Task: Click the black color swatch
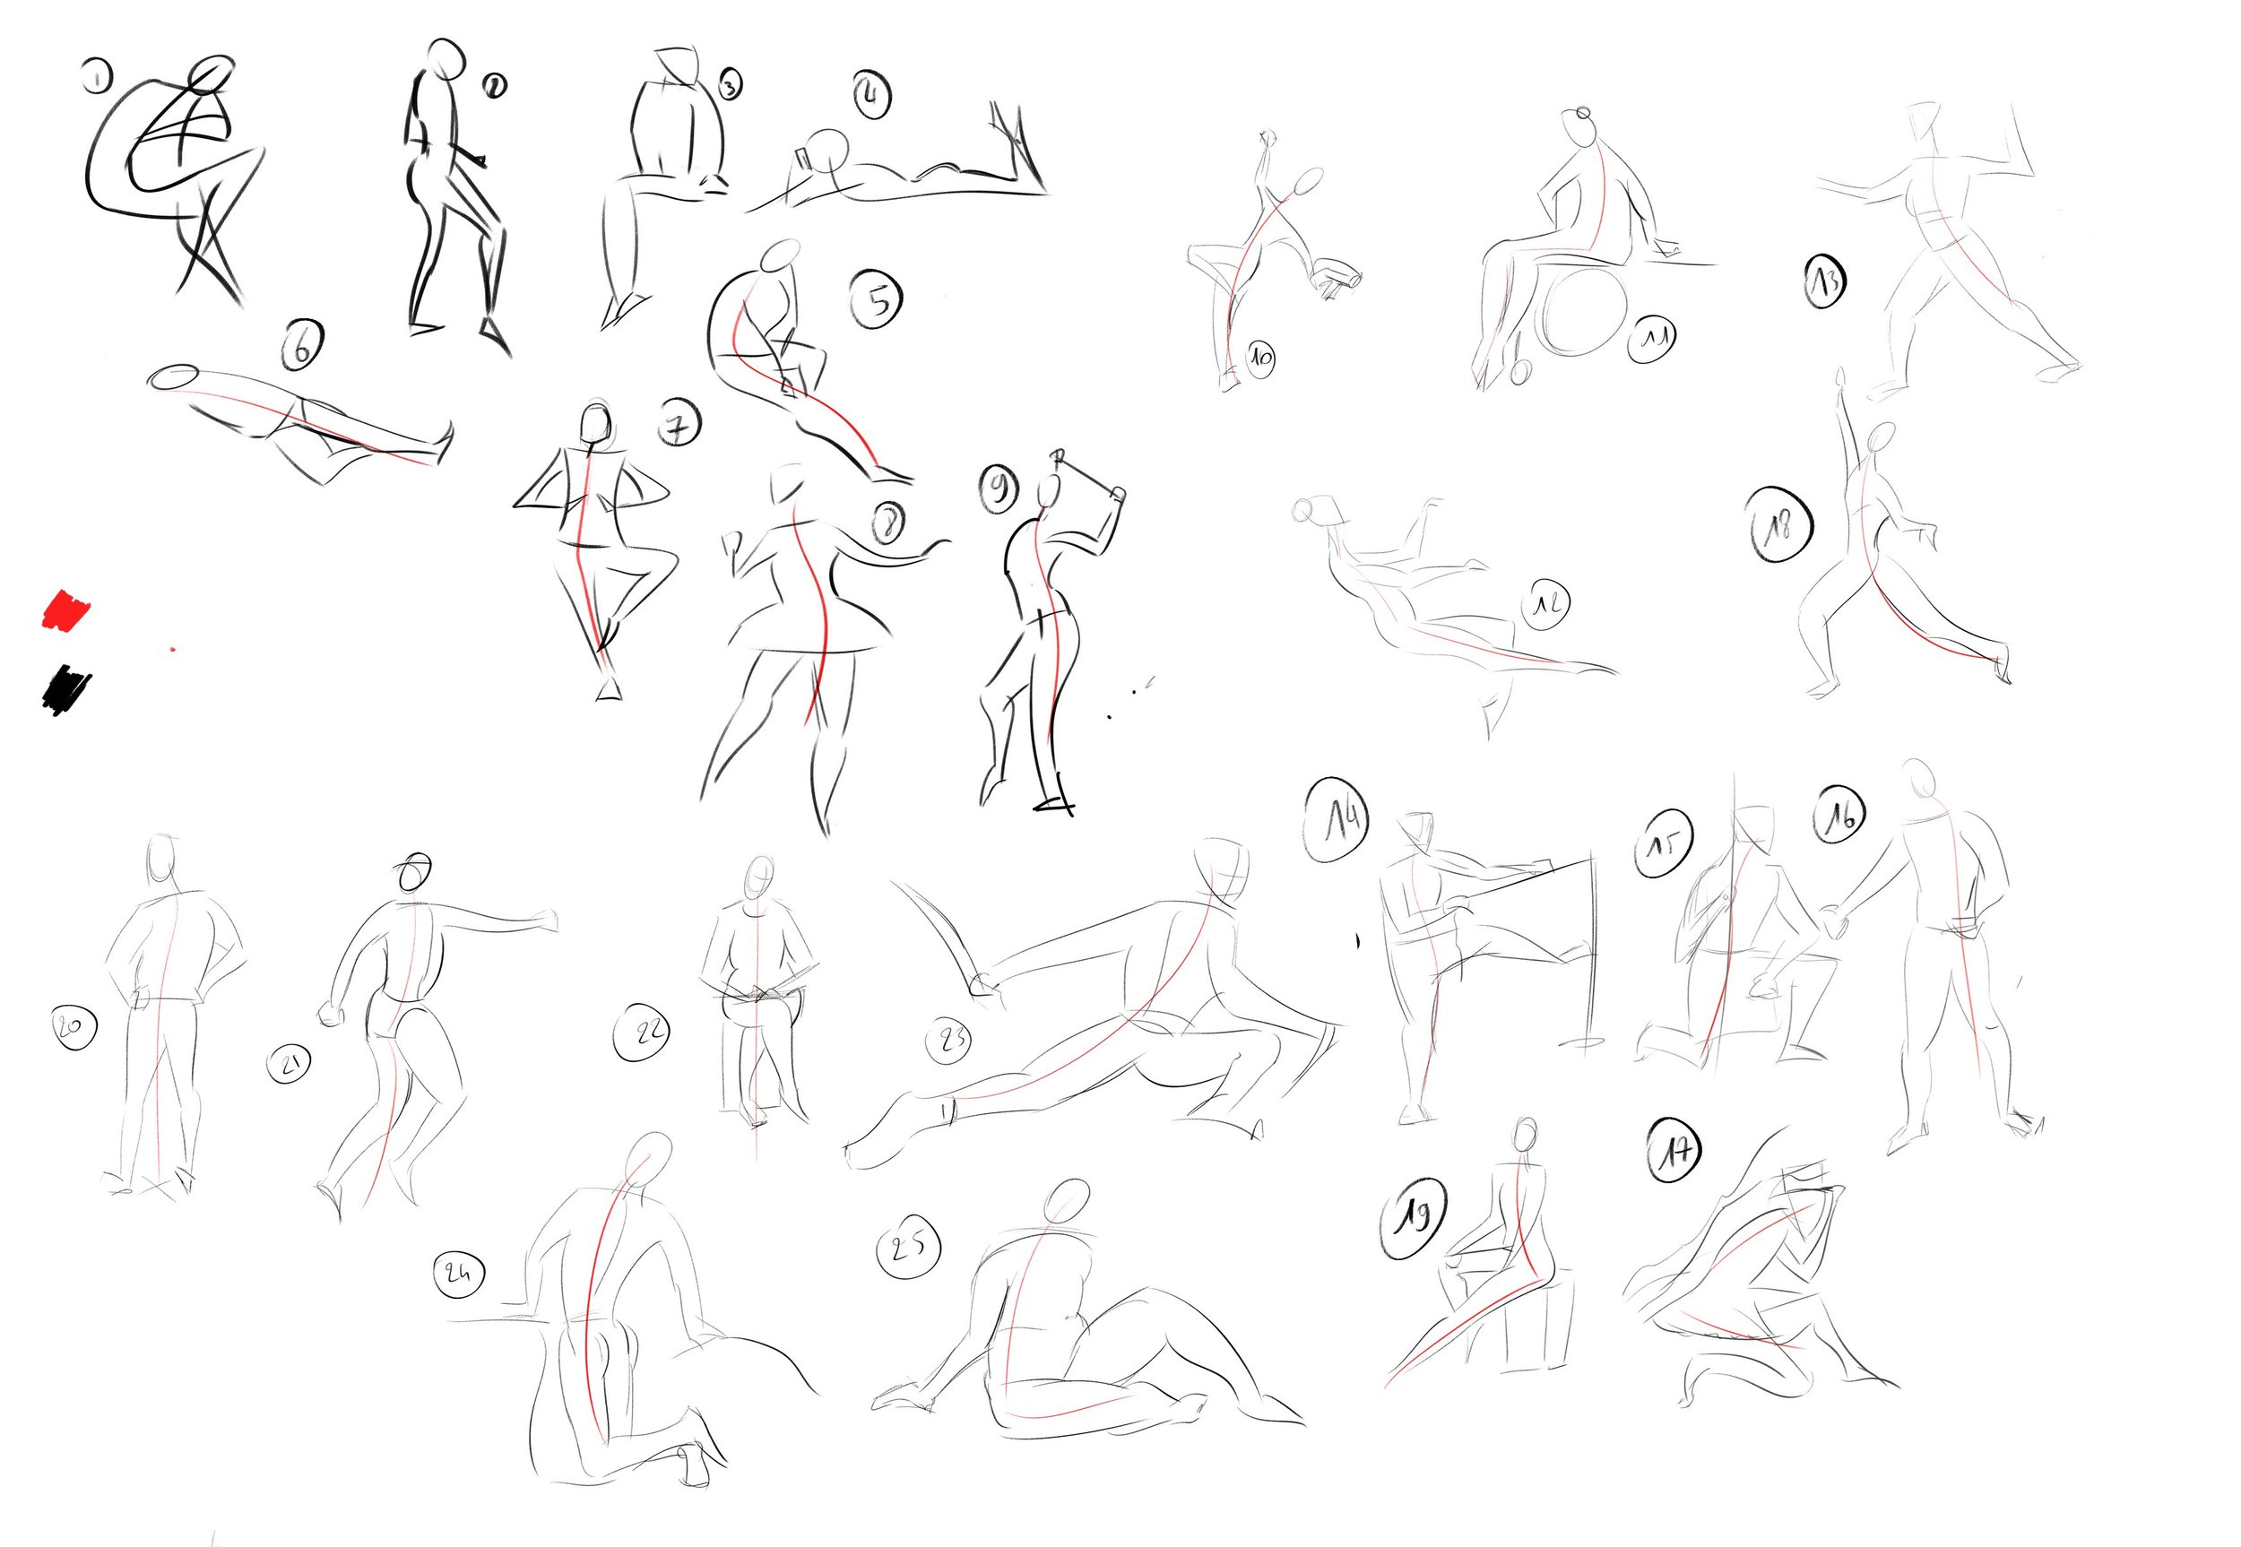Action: coord(66,689)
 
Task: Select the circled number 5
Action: coord(877,299)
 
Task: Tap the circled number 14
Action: coord(1337,820)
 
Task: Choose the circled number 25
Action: coord(908,1248)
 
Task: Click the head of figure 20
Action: coord(162,858)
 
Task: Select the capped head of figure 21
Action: coord(414,874)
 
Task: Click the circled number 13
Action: coord(1825,281)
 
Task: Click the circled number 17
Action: coord(1675,1152)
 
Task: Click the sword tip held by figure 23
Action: coord(896,885)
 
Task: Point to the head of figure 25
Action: coord(1066,1204)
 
